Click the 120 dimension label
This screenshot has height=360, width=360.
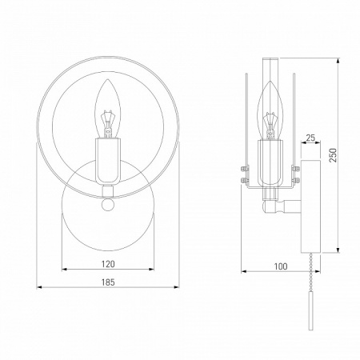pyautogui.click(x=108, y=264)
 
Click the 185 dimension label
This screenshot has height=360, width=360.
pyautogui.click(x=108, y=282)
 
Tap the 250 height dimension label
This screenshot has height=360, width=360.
pyautogui.click(x=333, y=155)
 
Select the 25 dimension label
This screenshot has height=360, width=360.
pyautogui.click(x=310, y=138)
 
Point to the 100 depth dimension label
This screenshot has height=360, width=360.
pyautogui.click(x=281, y=266)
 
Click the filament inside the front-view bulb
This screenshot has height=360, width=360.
pyautogui.click(x=108, y=124)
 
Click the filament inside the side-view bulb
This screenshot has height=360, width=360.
pyautogui.click(x=270, y=126)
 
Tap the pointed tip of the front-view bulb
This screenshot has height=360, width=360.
pyautogui.click(x=108, y=79)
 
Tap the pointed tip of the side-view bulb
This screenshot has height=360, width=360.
pyautogui.click(x=270, y=81)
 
